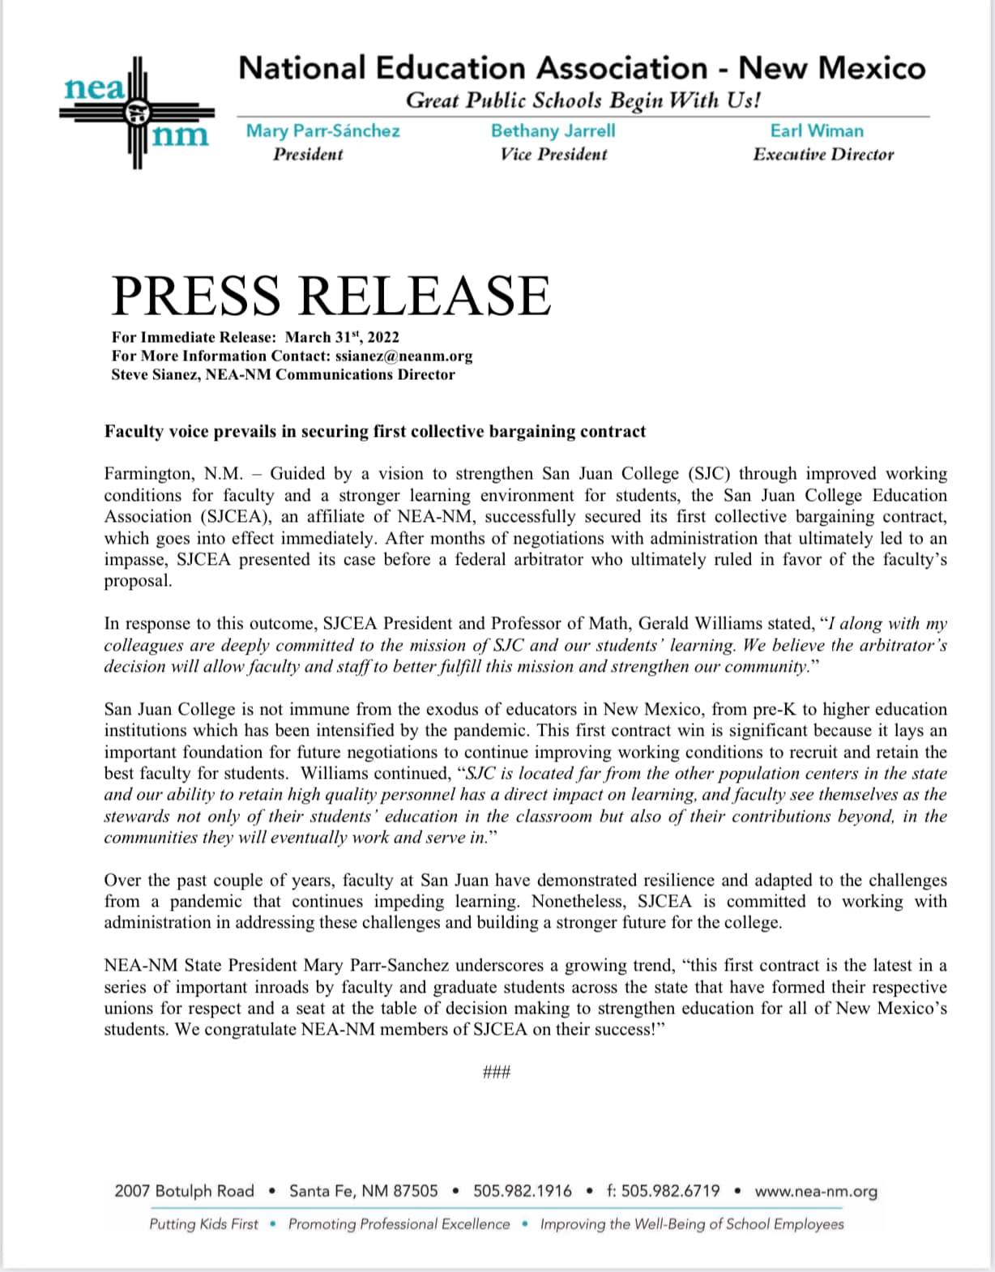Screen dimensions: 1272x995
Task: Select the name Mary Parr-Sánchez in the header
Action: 322,130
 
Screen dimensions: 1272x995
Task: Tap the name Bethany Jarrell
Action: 553,130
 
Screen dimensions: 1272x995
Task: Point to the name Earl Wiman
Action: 817,130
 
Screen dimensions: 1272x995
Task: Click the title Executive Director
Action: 823,154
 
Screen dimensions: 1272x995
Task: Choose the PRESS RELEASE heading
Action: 331,295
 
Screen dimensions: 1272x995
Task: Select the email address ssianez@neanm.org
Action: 404,356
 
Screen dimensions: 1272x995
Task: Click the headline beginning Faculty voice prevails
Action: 375,431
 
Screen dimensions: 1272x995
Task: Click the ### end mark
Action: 496,1073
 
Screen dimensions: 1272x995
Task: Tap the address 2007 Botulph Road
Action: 184,1191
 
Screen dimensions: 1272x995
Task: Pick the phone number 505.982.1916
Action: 523,1191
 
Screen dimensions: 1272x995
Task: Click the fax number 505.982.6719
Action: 663,1191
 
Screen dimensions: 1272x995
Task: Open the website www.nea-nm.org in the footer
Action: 816,1191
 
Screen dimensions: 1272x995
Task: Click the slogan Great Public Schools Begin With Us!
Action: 583,101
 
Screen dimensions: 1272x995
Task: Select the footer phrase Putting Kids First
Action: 203,1224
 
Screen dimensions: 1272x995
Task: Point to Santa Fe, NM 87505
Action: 363,1191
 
